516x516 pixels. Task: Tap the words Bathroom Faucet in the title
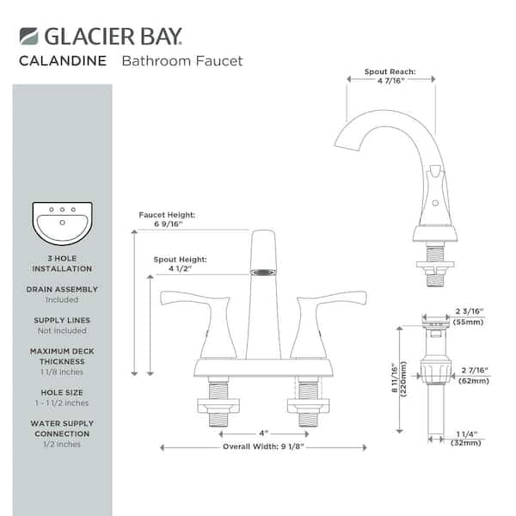click(x=181, y=61)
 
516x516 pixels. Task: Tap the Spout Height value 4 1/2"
click(x=179, y=268)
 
